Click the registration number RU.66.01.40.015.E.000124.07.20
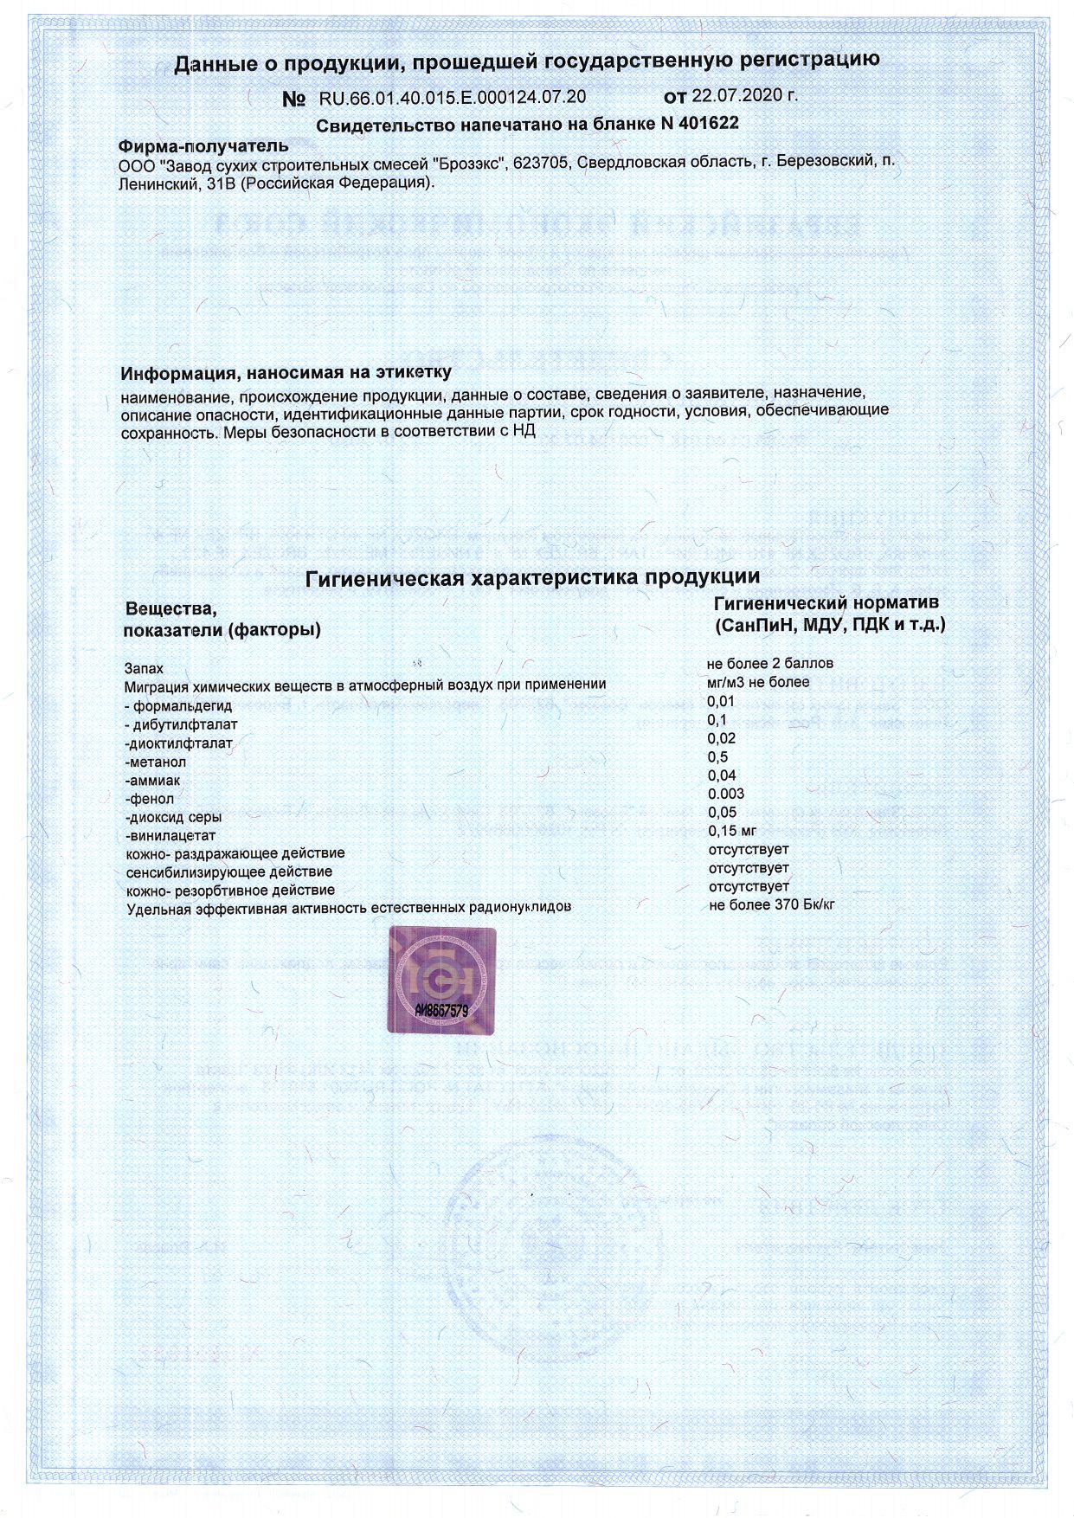(453, 96)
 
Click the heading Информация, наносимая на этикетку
(286, 373)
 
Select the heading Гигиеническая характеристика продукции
(533, 576)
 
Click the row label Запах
(144, 668)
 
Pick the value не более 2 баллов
(770, 664)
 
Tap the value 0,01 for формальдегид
(721, 701)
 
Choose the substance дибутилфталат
(184, 724)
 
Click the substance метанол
(156, 762)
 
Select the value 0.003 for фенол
(725, 794)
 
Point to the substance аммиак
(153, 781)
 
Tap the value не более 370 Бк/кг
(771, 905)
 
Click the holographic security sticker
(441, 980)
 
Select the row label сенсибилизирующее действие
(229, 872)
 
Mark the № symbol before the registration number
(294, 99)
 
